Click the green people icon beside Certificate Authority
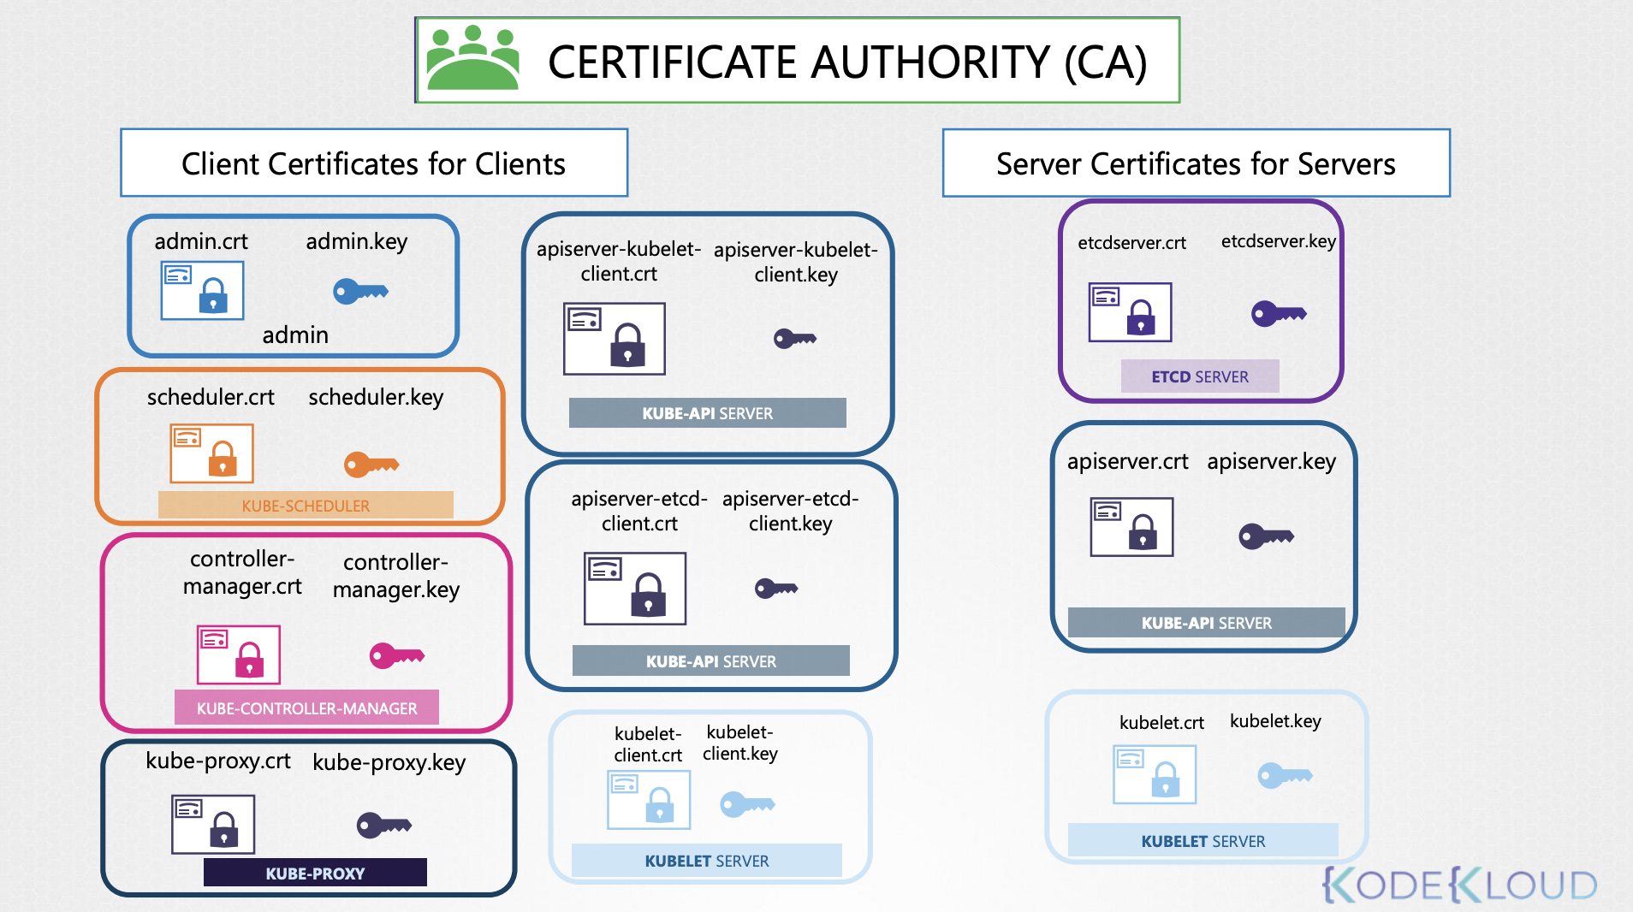tap(472, 58)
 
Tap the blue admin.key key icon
tap(360, 292)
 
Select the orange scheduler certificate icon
tap(211, 453)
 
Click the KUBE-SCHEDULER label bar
tap(306, 506)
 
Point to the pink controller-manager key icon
tap(396, 656)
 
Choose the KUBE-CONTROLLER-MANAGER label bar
tap(306, 708)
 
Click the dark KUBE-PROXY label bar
tap(315, 873)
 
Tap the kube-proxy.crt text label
tap(217, 761)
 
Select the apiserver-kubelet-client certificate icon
tap(614, 339)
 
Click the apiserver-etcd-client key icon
tap(775, 589)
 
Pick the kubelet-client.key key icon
tap(746, 804)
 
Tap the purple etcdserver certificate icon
tap(1130, 312)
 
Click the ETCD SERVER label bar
tap(1200, 376)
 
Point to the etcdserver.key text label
tap(1278, 241)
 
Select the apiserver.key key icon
tap(1266, 536)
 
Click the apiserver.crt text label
tap(1127, 461)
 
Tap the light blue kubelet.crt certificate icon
tap(1154, 774)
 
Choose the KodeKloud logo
tap(1459, 885)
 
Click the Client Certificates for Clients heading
tap(374, 163)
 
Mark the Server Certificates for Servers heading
tap(1196, 163)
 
